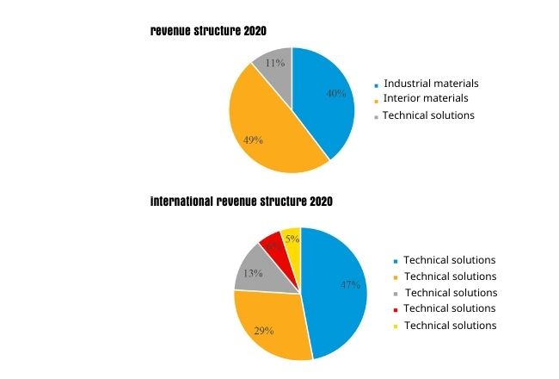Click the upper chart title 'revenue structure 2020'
[208, 31]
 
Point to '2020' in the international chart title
[317, 201]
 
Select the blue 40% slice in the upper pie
[327, 99]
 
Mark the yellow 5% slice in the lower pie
[292, 240]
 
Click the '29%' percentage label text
[263, 330]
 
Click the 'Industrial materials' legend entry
[431, 84]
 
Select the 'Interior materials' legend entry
[425, 99]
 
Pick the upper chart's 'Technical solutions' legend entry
[428, 115]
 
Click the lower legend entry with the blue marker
[450, 259]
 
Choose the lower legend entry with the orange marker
[450, 276]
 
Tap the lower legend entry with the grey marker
[450, 292]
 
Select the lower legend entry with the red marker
[450, 308]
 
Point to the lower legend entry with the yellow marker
[450, 325]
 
